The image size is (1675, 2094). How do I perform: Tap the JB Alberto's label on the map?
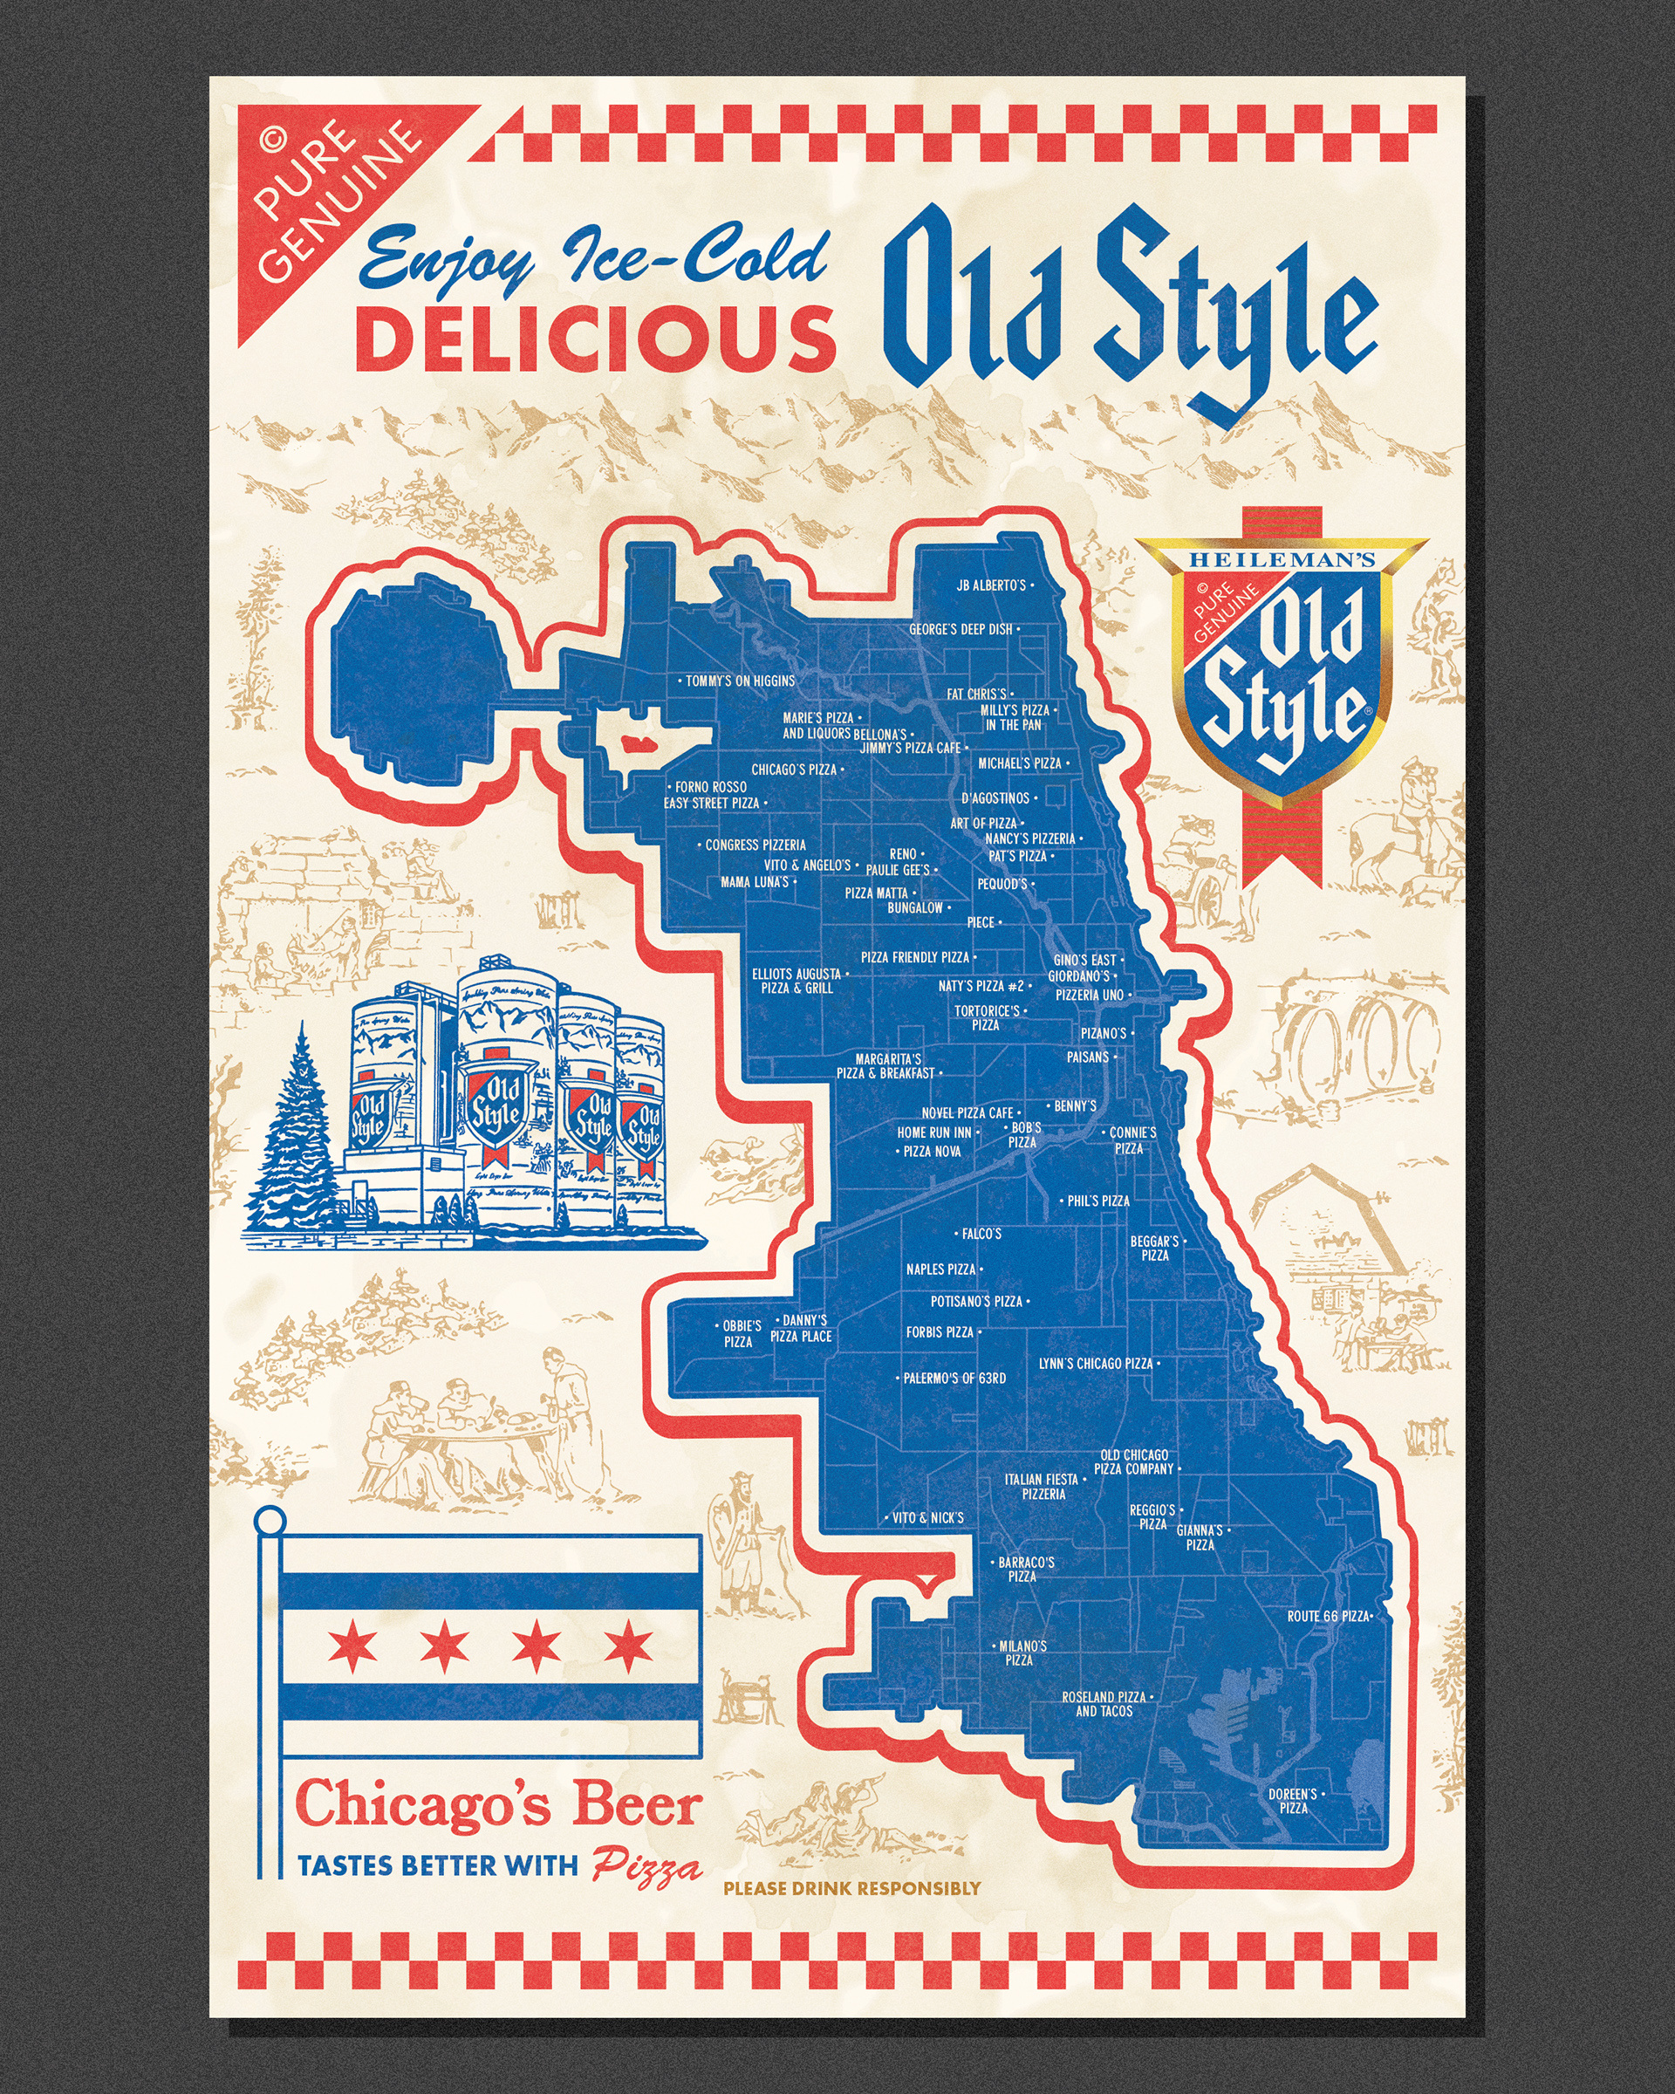click(990, 585)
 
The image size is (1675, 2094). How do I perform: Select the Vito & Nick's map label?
click(927, 1517)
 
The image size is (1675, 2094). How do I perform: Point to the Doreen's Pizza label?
click(1292, 1801)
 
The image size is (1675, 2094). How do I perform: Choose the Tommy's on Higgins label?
click(740, 681)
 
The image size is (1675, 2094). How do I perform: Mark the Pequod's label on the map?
click(1002, 884)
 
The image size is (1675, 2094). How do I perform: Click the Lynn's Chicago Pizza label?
click(1096, 1364)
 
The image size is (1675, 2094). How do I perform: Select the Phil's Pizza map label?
click(1098, 1201)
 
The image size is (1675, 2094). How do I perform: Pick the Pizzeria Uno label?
click(1090, 995)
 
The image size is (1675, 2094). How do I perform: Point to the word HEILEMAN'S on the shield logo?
click(1282, 560)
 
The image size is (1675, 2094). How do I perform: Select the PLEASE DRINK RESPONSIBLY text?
click(851, 1888)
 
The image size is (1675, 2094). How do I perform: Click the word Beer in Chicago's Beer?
click(636, 1807)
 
